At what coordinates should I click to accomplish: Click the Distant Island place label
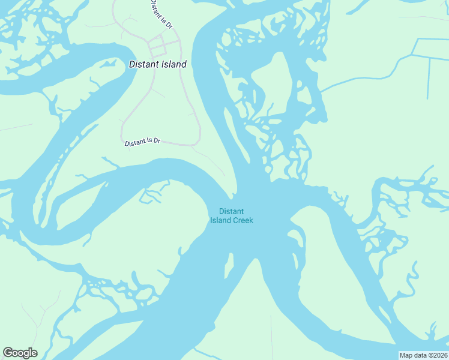pyautogui.click(x=157, y=64)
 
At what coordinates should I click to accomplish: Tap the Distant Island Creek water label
pyautogui.click(x=231, y=215)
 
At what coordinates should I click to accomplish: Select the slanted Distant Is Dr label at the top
pyautogui.click(x=161, y=15)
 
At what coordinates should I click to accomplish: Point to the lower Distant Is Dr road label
pyautogui.click(x=142, y=142)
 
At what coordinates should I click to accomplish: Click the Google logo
pyautogui.click(x=20, y=353)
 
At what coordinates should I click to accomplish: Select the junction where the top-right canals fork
pyautogui.click(x=414, y=55)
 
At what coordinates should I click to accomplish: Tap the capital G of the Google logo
pyautogui.click(x=8, y=353)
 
